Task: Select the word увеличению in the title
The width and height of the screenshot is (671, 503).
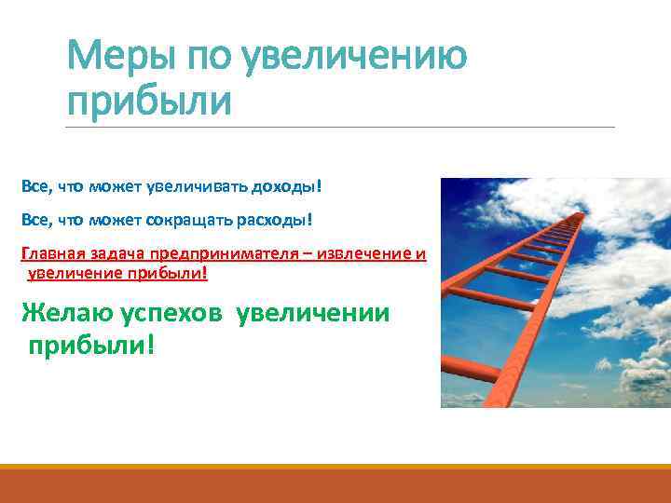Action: click(x=353, y=59)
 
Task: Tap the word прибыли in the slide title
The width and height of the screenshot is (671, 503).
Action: click(x=148, y=102)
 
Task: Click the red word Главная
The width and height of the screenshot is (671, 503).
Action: click(x=50, y=253)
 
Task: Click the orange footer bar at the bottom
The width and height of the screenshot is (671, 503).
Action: click(x=335, y=484)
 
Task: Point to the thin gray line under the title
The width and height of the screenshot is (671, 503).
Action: click(x=341, y=127)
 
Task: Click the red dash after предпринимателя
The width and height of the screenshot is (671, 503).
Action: click(x=314, y=253)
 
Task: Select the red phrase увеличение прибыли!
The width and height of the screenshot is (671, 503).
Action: click(x=117, y=274)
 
